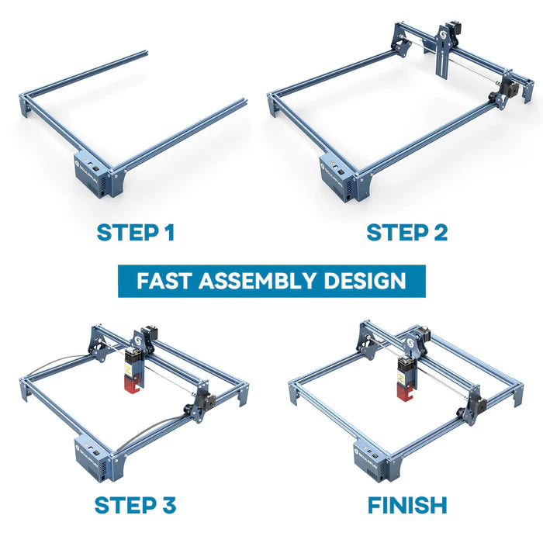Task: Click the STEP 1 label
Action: (x=136, y=232)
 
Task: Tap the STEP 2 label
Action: (x=406, y=232)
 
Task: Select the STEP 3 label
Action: (x=135, y=505)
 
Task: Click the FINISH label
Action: (x=406, y=505)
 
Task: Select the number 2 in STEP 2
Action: (x=439, y=232)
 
